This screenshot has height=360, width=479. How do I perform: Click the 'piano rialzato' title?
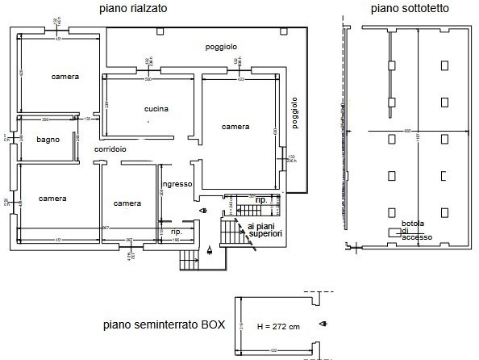(x=134, y=9)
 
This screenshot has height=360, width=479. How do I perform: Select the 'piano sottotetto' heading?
(x=410, y=9)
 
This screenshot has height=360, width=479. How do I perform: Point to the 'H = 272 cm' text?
(x=278, y=327)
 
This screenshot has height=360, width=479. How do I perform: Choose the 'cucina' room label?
(x=156, y=109)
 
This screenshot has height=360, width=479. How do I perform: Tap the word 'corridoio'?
(x=110, y=150)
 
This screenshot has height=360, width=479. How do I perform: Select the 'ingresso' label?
(x=177, y=184)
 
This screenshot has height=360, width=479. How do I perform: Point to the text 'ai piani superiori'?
(x=265, y=230)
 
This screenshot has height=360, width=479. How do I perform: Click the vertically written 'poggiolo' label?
(x=295, y=114)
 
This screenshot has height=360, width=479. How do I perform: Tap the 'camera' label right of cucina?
(x=235, y=127)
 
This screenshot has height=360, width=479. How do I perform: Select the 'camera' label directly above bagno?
(x=65, y=77)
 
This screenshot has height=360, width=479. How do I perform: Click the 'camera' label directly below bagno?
(x=52, y=198)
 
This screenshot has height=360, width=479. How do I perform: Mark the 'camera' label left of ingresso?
(x=127, y=203)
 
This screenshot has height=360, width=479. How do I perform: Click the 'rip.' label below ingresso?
(x=176, y=232)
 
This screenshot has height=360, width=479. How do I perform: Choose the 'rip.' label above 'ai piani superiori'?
(x=260, y=199)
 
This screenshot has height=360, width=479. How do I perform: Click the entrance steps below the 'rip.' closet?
(x=189, y=259)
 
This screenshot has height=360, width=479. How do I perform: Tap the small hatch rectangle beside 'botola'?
(x=394, y=232)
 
